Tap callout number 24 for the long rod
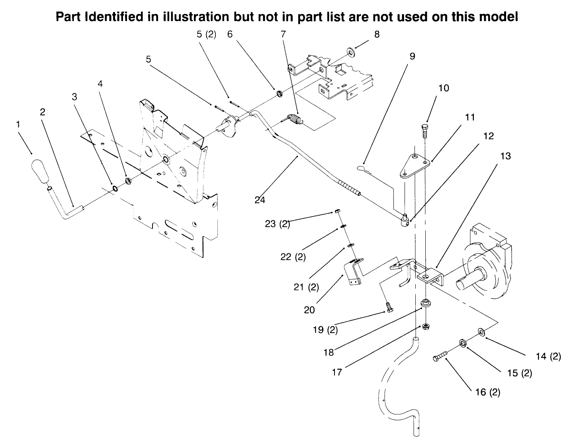260,200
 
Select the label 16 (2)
487,392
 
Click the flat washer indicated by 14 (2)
480,331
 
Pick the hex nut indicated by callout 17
426,326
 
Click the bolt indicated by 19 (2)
389,308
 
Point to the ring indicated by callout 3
115,188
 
